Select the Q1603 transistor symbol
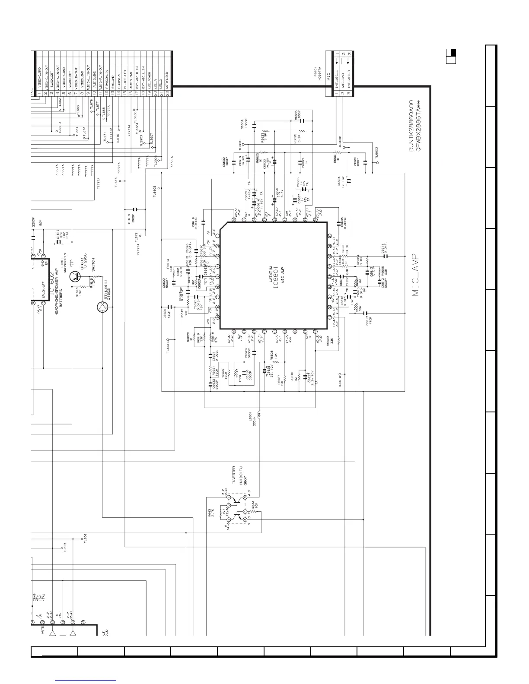(76, 276)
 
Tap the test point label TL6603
(376, 154)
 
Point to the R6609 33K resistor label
(329, 342)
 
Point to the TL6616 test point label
(168, 345)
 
